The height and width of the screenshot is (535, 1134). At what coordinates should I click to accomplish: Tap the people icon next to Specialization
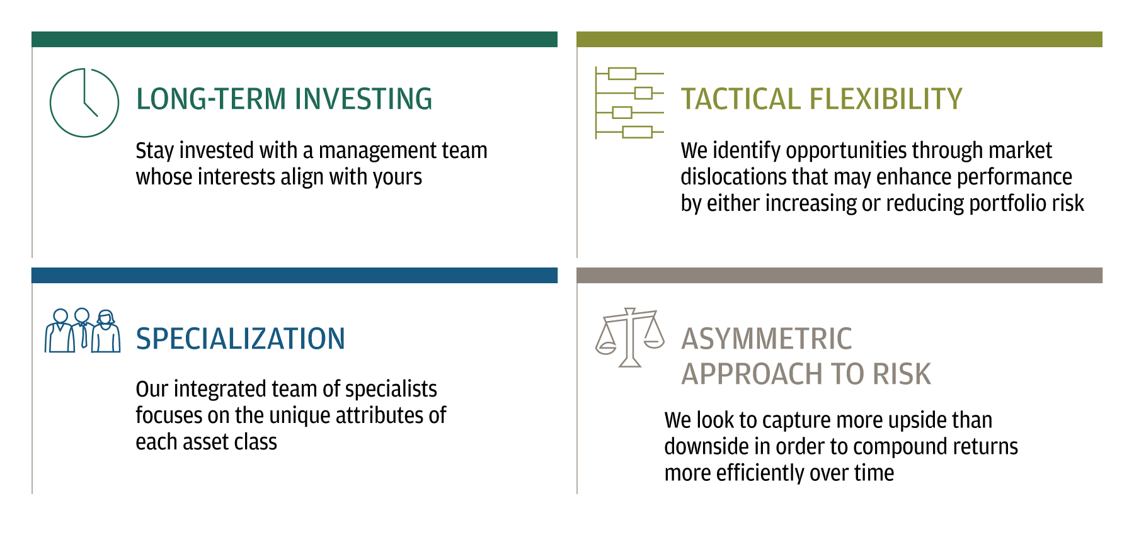[83, 330]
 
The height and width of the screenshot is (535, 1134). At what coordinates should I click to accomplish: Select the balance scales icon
[630, 337]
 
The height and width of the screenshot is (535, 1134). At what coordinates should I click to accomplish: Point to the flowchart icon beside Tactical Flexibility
[629, 103]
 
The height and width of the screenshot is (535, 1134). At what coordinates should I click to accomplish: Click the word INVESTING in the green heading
[364, 99]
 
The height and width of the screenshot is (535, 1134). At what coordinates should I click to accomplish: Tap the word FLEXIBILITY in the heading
[886, 99]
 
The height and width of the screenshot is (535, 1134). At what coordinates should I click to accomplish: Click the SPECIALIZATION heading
[241, 339]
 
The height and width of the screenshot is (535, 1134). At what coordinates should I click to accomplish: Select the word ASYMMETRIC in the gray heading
[767, 339]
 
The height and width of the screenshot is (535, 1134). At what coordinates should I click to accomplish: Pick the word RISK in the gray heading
[902, 374]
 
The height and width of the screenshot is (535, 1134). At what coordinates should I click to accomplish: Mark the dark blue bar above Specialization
[294, 275]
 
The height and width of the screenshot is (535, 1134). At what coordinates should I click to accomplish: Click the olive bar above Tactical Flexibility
[839, 39]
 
